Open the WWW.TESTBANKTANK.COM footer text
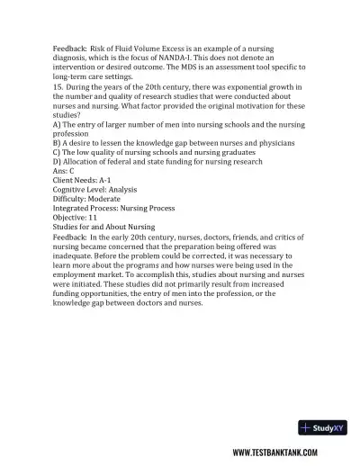pos(274,454)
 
